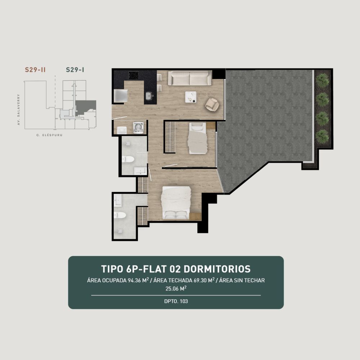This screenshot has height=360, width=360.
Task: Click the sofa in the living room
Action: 190,78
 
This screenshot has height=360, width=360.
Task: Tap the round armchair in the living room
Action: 212,104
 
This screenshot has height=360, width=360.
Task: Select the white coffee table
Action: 191,97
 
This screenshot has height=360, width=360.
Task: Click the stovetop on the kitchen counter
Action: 134,75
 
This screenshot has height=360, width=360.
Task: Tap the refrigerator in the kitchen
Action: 121,95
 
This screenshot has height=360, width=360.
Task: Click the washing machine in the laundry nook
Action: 139,127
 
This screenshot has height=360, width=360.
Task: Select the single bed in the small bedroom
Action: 197,138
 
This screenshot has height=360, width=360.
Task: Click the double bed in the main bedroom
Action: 176,203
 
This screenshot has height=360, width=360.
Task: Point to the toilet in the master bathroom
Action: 120,215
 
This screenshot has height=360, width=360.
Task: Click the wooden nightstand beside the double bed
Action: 195,216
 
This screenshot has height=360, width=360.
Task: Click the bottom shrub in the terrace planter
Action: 322,136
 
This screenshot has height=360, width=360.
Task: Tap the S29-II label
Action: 35,70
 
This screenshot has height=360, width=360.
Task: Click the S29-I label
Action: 75,70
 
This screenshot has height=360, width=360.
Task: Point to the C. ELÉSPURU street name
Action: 49,135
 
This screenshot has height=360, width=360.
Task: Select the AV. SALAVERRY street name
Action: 19,109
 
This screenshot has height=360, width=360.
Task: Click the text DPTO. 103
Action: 176,301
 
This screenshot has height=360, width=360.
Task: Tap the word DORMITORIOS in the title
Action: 217,269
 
